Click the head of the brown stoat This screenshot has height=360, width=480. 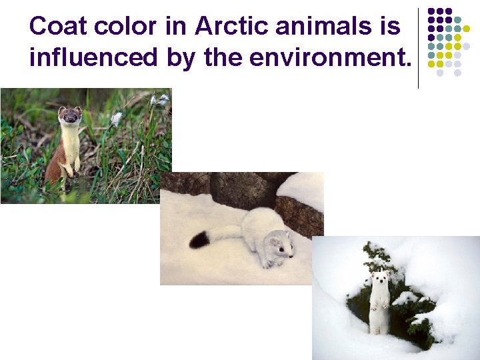[x=69, y=116]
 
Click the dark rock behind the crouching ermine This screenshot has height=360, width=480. [x=243, y=190]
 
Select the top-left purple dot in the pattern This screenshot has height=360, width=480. [x=431, y=11]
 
